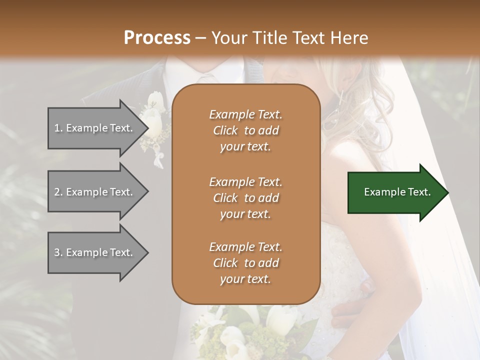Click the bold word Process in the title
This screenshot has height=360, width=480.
[x=157, y=38]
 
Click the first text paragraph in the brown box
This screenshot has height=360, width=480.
[x=245, y=130]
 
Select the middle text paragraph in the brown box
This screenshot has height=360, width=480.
[x=245, y=197]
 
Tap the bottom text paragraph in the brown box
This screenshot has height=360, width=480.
[x=245, y=263]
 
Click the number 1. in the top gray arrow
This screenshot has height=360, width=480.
[x=58, y=128]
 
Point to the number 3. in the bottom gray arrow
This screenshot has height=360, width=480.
[x=58, y=252]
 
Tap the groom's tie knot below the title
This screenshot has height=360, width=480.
[x=206, y=79]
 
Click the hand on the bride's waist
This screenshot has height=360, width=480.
[x=350, y=310]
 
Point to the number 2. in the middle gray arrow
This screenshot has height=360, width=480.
[x=58, y=192]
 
